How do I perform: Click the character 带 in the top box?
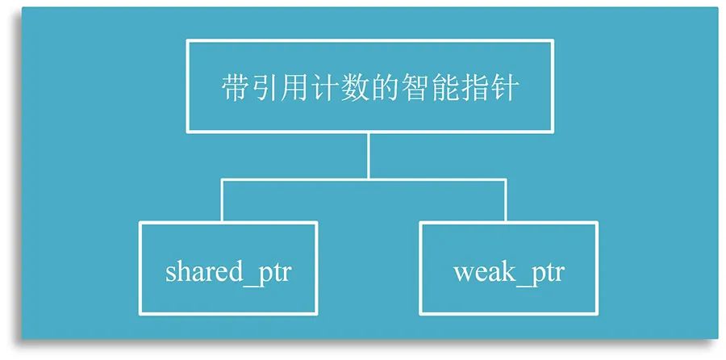(235, 88)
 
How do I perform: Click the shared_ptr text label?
(227, 272)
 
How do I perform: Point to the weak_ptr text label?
(508, 272)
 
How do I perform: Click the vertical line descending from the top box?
(369, 155)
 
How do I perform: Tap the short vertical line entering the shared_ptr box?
(223, 201)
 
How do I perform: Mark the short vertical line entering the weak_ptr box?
(506, 201)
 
